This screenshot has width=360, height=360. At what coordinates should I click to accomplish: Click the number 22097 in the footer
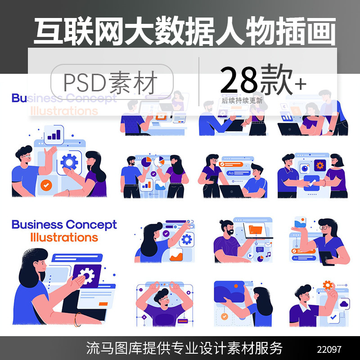tap(329, 349)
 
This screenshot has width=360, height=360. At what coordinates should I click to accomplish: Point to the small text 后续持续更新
tap(242, 100)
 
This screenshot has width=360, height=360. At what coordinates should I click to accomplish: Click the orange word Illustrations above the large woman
tap(64, 237)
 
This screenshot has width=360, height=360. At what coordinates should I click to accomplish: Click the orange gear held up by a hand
tap(328, 285)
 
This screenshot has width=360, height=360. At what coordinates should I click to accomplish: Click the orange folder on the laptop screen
tap(256, 229)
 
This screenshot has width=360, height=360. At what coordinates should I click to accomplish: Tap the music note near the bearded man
tap(268, 255)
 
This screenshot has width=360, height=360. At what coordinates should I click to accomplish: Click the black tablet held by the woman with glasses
tap(326, 257)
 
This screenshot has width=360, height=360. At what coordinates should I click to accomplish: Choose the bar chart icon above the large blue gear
tap(54, 135)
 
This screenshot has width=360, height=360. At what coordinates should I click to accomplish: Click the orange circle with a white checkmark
tap(46, 184)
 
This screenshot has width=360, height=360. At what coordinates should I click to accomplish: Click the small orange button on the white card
tap(103, 304)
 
